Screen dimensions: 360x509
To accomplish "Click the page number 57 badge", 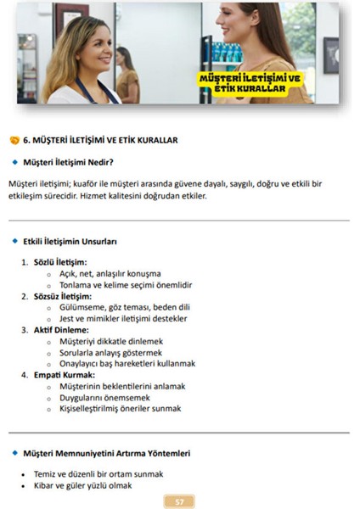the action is coord(179,501).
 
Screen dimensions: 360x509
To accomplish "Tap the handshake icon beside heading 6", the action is coord(14,140).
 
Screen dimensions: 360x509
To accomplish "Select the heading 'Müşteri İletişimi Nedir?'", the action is coord(69,161).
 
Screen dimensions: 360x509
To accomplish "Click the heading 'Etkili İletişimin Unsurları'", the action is coord(70,241).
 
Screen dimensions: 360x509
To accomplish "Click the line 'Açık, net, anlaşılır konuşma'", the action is coord(110,274).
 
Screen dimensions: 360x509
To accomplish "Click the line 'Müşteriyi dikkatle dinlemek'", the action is coord(110,341).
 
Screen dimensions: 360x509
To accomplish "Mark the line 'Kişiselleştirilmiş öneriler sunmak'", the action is coord(120,408).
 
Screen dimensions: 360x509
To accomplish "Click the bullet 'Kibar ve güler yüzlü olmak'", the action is coord(87,486).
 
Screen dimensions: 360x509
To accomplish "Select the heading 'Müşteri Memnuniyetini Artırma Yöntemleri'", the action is coord(106,453).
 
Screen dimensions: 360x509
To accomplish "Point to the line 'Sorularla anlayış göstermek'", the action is coord(110,352).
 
